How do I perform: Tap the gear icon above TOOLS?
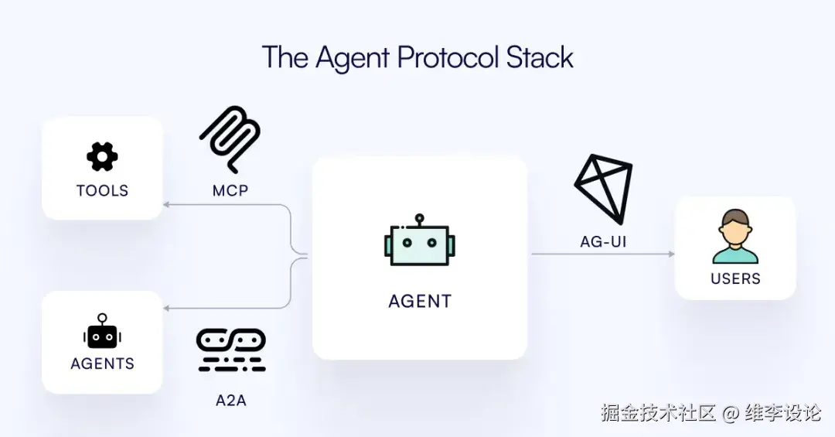coord(102,157)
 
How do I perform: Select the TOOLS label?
coord(102,190)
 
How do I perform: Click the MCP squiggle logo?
coord(230,139)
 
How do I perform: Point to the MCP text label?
coord(230,190)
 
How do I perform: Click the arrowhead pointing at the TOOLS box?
coord(167,204)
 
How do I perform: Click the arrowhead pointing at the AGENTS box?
coord(167,308)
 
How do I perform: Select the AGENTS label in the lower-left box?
coord(102,364)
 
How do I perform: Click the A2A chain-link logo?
coord(230,350)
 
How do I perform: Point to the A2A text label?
coord(230,401)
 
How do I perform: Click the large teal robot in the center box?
coord(419,244)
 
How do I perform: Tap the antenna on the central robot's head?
coord(419,219)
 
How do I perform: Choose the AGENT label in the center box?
coord(419,302)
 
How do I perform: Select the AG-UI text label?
coord(603,241)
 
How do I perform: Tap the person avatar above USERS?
coord(734,237)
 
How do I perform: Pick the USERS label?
coord(735,278)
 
